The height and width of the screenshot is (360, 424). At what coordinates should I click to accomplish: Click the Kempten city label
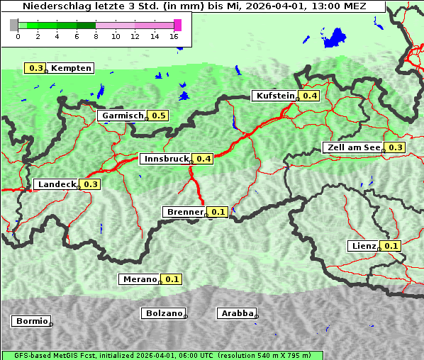point(71,68)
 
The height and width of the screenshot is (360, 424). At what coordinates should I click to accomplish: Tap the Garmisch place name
point(123,116)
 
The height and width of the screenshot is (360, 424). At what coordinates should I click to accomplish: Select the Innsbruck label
point(166,159)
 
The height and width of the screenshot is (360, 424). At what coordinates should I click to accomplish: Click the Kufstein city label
point(274,96)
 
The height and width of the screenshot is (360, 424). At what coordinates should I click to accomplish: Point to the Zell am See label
point(353,147)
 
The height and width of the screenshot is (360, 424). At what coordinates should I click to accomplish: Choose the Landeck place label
point(57,184)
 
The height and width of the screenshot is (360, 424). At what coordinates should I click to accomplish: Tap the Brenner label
point(184,212)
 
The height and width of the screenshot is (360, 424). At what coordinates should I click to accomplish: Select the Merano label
point(139,279)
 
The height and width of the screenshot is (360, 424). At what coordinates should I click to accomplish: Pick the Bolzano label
point(164,313)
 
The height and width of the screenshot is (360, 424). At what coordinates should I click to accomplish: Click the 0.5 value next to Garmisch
point(158,116)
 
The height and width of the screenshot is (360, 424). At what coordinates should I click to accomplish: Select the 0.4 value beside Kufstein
point(310,96)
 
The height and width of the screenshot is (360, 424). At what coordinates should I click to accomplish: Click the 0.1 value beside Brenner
point(218,212)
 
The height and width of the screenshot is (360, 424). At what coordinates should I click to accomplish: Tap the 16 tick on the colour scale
point(174,36)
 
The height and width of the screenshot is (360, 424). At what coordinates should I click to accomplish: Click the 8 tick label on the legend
point(96,36)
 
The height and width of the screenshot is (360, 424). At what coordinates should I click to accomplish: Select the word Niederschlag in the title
point(52,6)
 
